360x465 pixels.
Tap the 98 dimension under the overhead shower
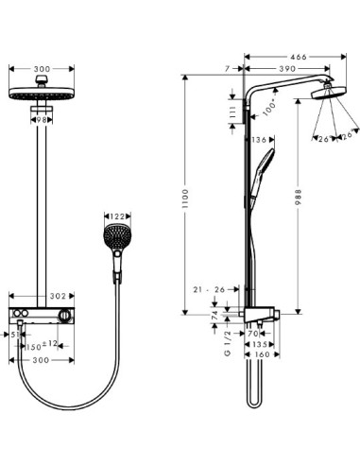click(x=42, y=120)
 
